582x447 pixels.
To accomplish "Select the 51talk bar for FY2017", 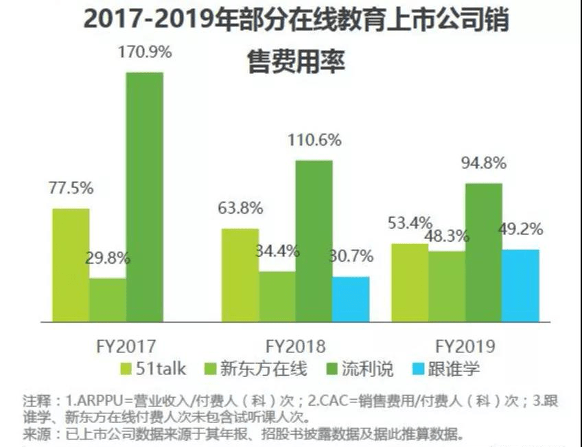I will coord(71,264).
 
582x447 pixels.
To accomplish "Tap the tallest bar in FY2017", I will coord(143,196).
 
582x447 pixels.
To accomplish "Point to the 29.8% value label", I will coord(108,259).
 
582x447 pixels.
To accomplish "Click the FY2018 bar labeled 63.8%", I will coord(240,275).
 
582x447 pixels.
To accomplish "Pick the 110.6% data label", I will coord(314,141).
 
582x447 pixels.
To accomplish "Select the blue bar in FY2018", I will coord(351,299).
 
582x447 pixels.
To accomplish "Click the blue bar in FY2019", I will coord(520,285).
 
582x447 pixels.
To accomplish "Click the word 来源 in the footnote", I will coord(35,433).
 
